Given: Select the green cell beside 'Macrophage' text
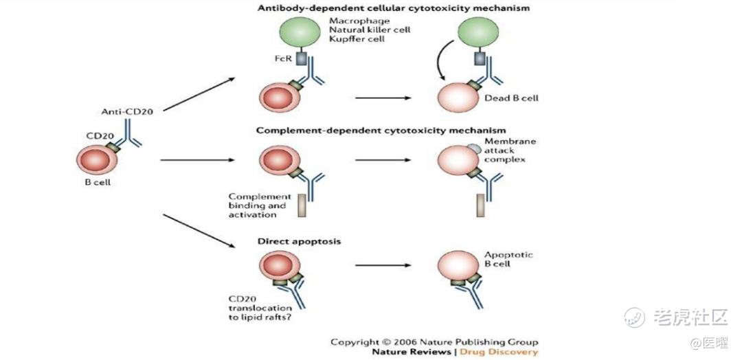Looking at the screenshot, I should pyautogui.click(x=301, y=32).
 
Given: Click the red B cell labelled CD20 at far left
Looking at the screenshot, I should pyautogui.click(x=95, y=159).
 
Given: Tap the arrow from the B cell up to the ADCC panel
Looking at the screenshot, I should pyautogui.click(x=199, y=94).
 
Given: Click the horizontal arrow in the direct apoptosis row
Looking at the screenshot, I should pyautogui.click(x=383, y=265).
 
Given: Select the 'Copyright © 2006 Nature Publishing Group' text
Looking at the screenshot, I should pyautogui.click(x=434, y=341).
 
